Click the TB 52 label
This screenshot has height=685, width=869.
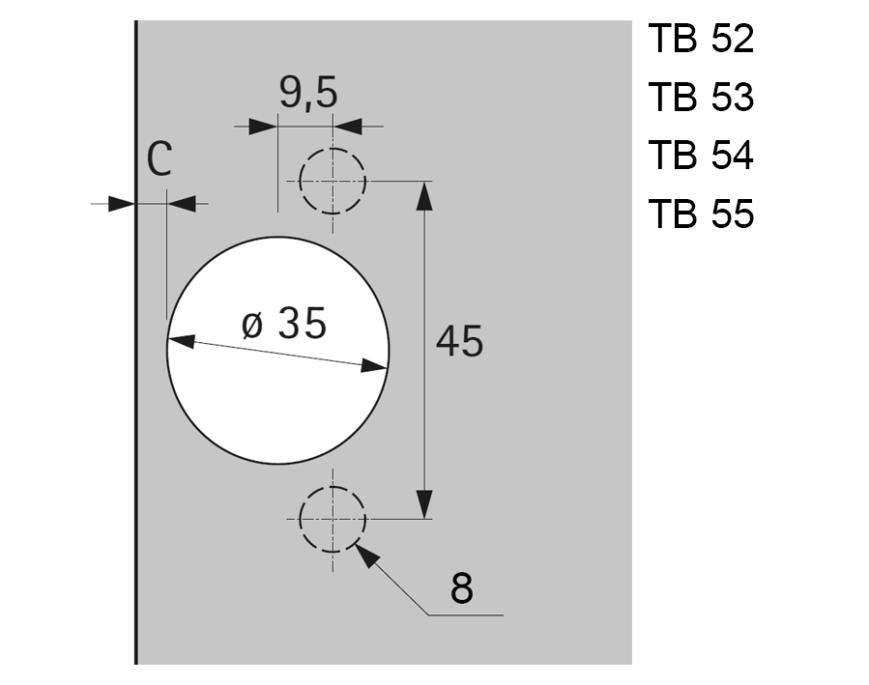(701, 41)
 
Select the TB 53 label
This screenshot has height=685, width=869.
(701, 99)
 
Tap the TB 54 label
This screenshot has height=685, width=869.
(701, 156)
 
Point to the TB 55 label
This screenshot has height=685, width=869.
(701, 214)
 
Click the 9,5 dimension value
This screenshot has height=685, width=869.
(307, 94)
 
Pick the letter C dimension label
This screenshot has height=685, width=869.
(159, 160)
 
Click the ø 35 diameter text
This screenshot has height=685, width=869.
(283, 324)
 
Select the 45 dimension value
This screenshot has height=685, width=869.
(459, 341)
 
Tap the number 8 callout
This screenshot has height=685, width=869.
(462, 587)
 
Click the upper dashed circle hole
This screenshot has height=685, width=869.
(333, 182)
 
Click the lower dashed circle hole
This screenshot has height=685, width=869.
(333, 519)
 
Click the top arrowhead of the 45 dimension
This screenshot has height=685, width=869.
(423, 193)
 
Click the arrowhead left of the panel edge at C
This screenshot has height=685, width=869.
(121, 203)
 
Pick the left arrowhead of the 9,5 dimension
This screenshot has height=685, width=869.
(263, 127)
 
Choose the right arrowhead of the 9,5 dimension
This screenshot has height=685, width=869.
(347, 127)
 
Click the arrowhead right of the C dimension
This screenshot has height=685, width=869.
(181, 203)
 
